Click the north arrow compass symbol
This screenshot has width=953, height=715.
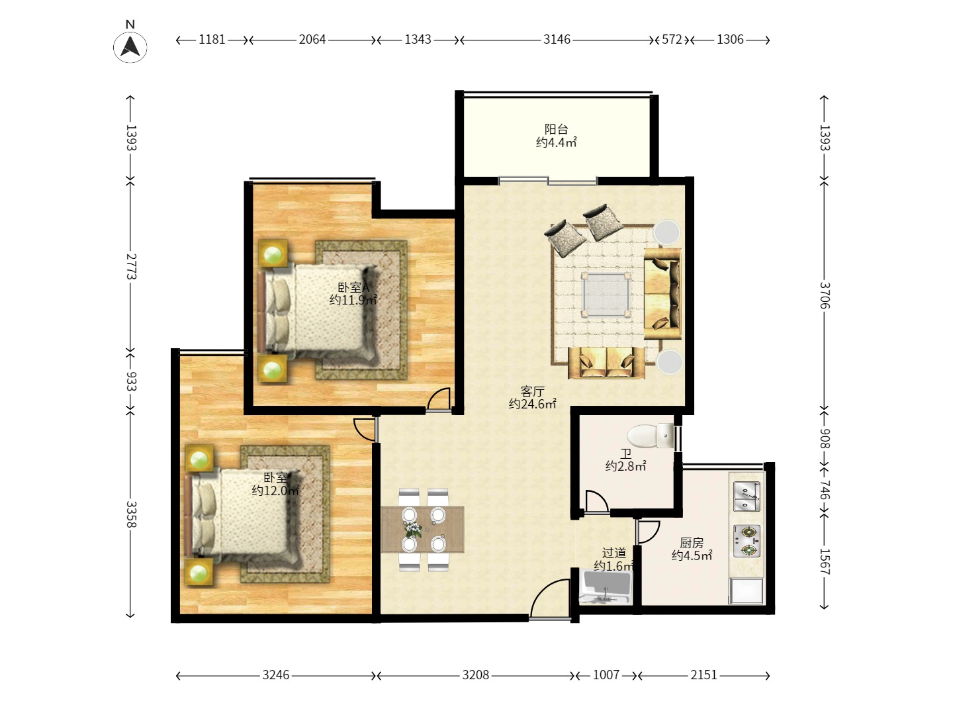(130, 46)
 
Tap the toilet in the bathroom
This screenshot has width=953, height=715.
(650, 436)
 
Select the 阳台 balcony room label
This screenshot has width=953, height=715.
(556, 129)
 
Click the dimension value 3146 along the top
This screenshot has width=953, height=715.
(557, 40)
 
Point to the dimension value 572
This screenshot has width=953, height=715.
(672, 40)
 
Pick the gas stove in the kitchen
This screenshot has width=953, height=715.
(747, 541)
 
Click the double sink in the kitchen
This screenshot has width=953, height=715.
(747, 497)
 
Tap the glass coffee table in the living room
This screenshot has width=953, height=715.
(606, 295)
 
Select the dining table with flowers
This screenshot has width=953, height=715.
(422, 529)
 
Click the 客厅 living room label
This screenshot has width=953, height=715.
(532, 391)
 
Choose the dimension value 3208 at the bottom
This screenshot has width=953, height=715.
(475, 675)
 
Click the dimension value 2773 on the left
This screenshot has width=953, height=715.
(131, 267)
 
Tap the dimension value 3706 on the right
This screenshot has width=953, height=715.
(825, 295)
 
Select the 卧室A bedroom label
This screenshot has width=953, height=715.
(353, 287)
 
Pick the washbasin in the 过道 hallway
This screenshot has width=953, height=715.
(606, 587)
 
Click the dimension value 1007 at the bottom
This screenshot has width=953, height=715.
(606, 675)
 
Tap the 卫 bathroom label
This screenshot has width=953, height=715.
(625, 454)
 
